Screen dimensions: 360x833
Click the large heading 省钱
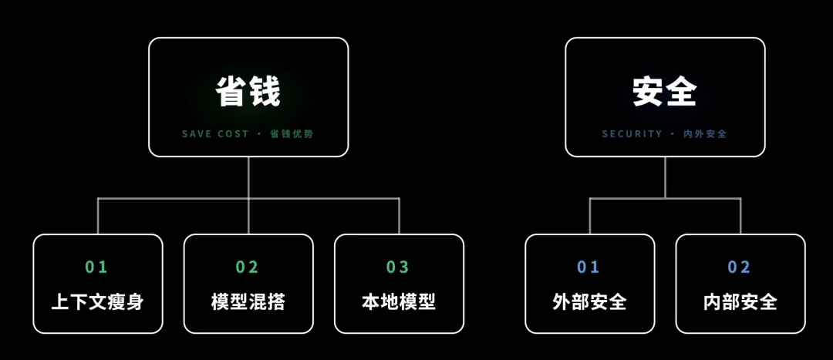[248, 92]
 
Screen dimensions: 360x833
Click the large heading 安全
[665, 92]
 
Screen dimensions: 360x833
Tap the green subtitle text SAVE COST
[215, 134]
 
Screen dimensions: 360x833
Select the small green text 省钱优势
[292, 134]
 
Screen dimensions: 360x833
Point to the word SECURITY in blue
[632, 134]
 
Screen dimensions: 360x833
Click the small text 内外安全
[705, 134]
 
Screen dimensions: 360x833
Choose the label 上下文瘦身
[98, 301]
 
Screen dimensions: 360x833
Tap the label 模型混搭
[248, 301]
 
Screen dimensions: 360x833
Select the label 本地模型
[399, 301]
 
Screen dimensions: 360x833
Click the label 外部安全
[590, 301]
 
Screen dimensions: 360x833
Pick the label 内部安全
[740, 301]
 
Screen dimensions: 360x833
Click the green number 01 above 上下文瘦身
[96, 267]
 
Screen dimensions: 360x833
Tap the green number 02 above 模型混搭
[247, 267]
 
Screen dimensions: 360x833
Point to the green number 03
[398, 267]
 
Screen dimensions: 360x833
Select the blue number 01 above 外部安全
[588, 267]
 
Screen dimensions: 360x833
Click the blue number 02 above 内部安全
[739, 267]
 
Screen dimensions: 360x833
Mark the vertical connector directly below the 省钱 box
[248, 177]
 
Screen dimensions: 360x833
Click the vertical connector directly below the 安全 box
[665, 177]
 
